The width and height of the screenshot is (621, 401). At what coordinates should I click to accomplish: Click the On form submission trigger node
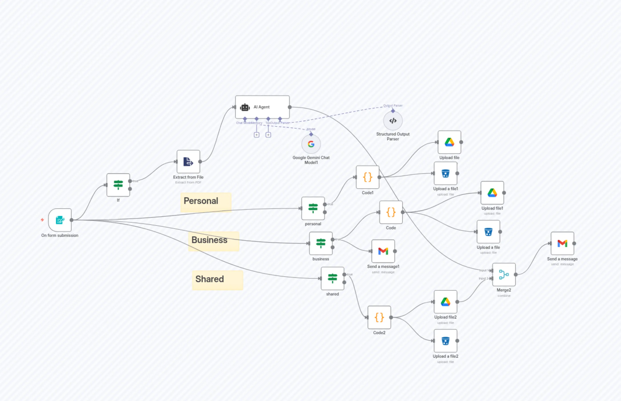[60, 220]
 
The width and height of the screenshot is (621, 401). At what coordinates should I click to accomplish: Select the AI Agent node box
[262, 107]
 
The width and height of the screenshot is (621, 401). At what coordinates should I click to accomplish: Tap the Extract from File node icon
[188, 162]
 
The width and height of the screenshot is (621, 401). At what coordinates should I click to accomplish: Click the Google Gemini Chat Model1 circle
[311, 144]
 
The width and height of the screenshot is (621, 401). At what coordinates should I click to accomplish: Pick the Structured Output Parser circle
[393, 121]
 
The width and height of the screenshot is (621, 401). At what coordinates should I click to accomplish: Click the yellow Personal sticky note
[206, 202]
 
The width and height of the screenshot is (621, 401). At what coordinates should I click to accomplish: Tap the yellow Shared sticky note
[218, 280]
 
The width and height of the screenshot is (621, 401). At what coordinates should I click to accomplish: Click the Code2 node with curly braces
[379, 317]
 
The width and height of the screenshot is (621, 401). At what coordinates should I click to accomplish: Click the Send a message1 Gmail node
[383, 251]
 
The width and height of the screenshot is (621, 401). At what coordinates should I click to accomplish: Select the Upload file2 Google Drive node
[445, 302]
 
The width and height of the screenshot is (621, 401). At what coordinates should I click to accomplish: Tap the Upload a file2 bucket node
[445, 341]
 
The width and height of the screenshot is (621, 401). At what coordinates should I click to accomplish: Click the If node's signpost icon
[118, 185]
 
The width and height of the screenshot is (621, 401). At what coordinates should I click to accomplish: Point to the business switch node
[321, 243]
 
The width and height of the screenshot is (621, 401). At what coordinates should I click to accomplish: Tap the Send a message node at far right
[562, 243]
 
